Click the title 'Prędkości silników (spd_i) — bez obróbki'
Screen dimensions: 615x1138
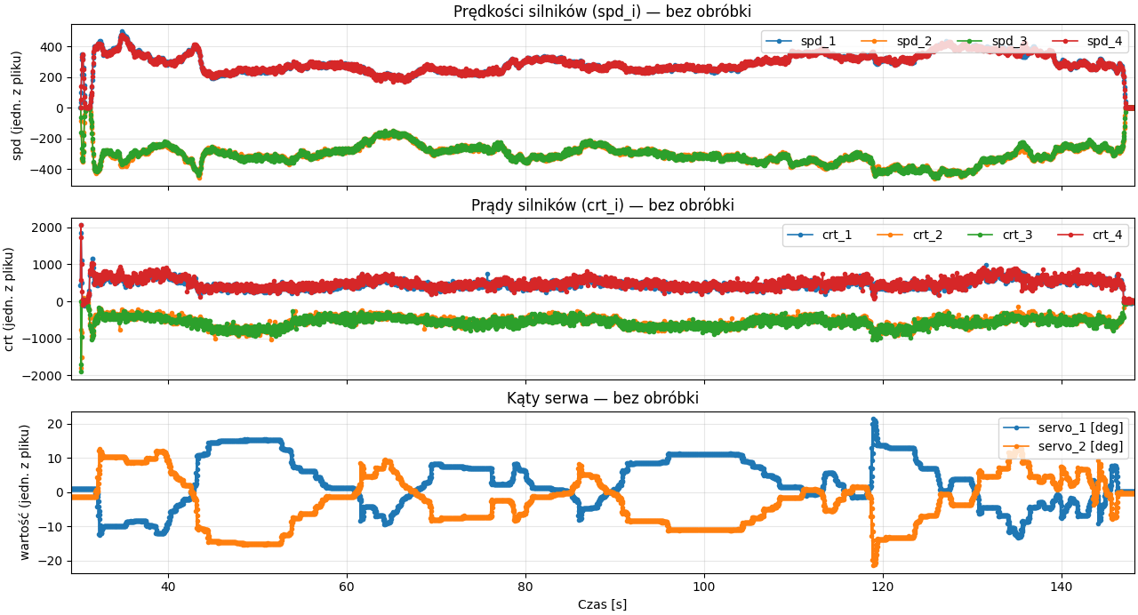[x=602, y=12]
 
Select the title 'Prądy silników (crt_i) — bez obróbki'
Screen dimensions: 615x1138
[x=602, y=205]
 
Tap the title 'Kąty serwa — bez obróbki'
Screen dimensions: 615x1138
[x=602, y=398]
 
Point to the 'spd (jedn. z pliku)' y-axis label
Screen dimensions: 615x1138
[x=17, y=105]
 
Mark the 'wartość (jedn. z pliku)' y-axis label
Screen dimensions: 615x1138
[x=25, y=492]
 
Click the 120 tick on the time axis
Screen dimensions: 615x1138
[x=883, y=587]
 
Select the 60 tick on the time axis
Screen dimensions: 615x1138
[x=347, y=587]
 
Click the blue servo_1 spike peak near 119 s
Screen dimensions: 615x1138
[x=874, y=419]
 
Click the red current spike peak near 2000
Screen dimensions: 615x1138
[x=81, y=226]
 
